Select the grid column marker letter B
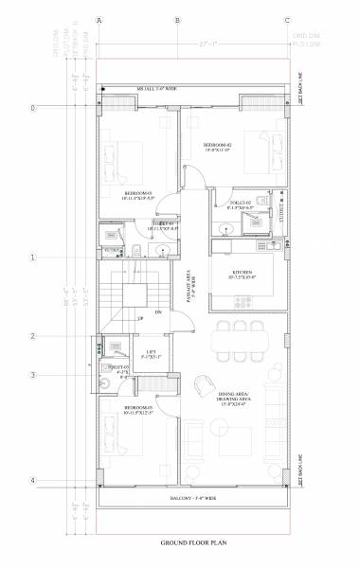[177, 19]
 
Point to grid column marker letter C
[286, 19]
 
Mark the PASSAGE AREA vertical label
[191, 280]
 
